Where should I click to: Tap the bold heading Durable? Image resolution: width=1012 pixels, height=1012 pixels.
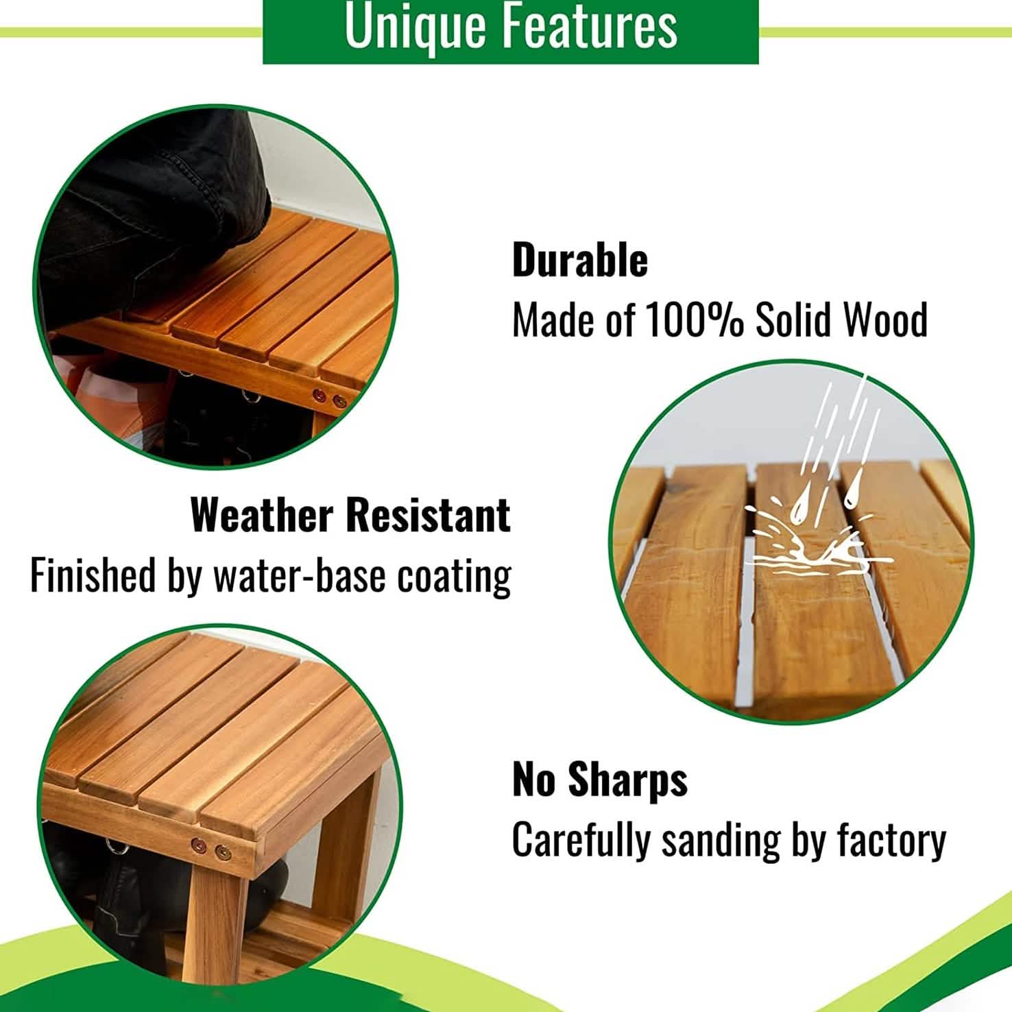click(580, 261)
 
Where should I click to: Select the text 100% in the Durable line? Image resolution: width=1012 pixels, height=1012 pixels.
click(695, 320)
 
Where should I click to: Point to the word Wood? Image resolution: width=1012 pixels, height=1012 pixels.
click(885, 320)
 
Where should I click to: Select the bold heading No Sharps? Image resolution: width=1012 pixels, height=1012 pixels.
click(600, 780)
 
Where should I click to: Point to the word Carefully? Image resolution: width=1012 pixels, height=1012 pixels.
click(581, 840)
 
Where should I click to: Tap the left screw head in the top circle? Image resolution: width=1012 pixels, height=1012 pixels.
click(319, 396)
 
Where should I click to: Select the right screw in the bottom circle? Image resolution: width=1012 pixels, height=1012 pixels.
click(223, 853)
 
